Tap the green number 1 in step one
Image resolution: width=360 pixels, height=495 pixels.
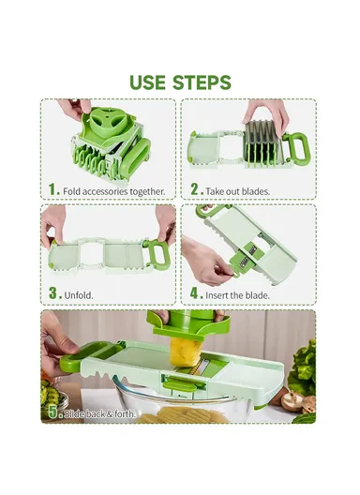point(53,189)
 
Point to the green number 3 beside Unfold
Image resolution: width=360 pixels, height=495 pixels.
point(53,293)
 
